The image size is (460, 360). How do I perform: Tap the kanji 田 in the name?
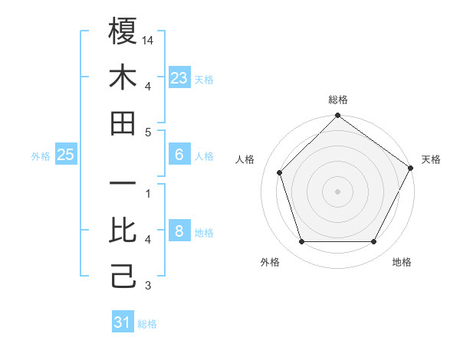[123, 123]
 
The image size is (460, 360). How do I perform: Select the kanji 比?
[123, 230]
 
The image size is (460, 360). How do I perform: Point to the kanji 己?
[123, 276]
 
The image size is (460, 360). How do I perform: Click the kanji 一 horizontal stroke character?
[123, 185]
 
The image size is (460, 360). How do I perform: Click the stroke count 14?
[149, 40]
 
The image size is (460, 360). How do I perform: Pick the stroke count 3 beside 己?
[148, 286]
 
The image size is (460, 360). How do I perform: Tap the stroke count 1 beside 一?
[148, 193]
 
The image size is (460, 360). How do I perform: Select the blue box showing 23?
[179, 78]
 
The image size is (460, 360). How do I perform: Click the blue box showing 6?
[179, 155]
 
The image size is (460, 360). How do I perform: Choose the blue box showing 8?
[179, 231]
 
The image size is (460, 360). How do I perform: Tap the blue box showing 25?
[66, 155]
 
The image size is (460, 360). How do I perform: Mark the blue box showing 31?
[123, 322]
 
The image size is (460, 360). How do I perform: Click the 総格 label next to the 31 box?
[147, 324]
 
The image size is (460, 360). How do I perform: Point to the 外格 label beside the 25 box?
[41, 156]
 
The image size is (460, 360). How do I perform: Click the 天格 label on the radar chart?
[432, 159]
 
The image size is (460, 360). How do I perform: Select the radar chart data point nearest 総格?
[337, 116]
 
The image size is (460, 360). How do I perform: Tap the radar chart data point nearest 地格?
[373, 241]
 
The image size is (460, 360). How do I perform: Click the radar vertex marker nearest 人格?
[280, 172]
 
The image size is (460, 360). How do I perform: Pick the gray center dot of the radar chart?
[337, 191]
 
